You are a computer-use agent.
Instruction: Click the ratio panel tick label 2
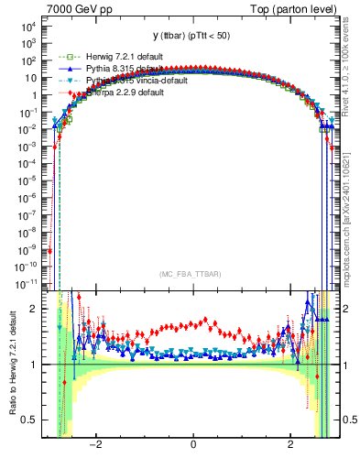(x=34, y=309)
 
